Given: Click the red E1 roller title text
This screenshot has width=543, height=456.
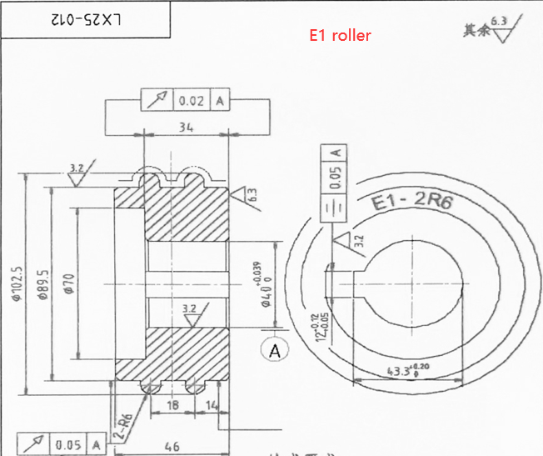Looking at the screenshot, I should point(340,35).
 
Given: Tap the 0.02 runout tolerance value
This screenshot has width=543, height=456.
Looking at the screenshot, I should point(191,101).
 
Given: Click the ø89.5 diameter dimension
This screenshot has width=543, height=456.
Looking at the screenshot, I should point(43,286).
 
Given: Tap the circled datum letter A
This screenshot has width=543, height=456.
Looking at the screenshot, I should point(275,351).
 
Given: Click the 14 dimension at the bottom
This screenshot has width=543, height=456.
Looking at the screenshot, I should point(212,404).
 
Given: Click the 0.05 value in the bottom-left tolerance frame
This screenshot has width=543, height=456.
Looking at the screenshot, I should point(68,444).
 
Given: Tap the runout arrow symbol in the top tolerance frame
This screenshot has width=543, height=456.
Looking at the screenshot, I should point(156,101).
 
